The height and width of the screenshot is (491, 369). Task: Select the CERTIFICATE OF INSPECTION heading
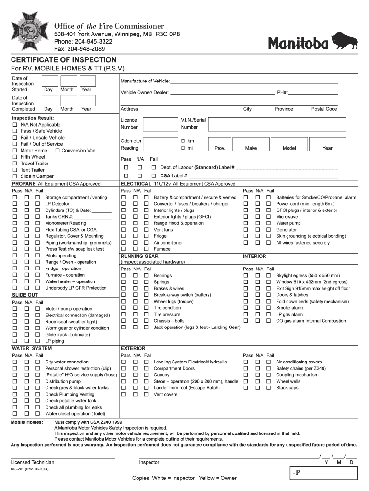(x=64, y=60)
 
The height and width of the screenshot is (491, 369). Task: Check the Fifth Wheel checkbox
(x=15, y=157)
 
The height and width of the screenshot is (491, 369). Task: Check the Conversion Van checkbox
(x=58, y=151)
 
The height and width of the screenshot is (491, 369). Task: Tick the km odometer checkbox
(x=183, y=141)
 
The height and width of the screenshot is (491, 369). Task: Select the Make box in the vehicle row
(x=251, y=144)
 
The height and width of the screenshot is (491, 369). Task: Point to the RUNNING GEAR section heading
(x=139, y=257)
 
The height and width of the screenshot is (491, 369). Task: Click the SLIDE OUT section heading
(x=25, y=295)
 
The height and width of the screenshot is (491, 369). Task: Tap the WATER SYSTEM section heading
(x=32, y=348)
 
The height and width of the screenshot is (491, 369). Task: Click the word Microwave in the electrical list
(x=287, y=217)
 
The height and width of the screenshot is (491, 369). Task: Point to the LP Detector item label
(x=57, y=204)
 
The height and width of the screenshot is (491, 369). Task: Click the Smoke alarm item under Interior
(x=289, y=308)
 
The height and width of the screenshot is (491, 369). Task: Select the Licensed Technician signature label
(x=33, y=462)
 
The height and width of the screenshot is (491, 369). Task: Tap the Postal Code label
(x=324, y=109)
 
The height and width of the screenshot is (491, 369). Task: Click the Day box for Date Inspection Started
(x=48, y=82)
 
